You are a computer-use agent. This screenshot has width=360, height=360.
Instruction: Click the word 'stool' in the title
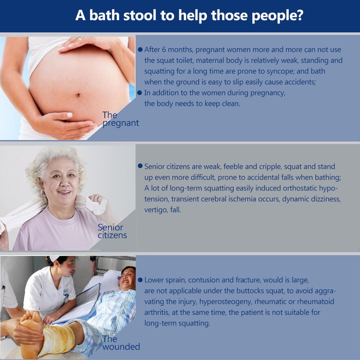pyautogui.click(x=140, y=15)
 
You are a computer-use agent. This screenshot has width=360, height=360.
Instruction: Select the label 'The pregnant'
pyautogui.click(x=121, y=119)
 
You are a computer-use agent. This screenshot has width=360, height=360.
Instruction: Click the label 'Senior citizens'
pyautogui.click(x=112, y=231)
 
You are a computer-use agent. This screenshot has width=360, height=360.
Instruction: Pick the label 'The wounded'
pyautogui.click(x=121, y=343)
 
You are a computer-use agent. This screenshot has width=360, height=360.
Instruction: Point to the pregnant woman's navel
pyautogui.click(x=78, y=95)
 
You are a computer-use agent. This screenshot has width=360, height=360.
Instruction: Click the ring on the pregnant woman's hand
pyautogui.click(x=80, y=39)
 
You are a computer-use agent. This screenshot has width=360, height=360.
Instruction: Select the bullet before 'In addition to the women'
pyautogui.click(x=139, y=93)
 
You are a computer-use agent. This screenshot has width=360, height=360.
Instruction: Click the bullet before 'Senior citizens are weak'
pyautogui.click(x=140, y=166)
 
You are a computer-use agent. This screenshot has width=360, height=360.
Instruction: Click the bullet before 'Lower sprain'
pyautogui.click(x=140, y=280)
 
